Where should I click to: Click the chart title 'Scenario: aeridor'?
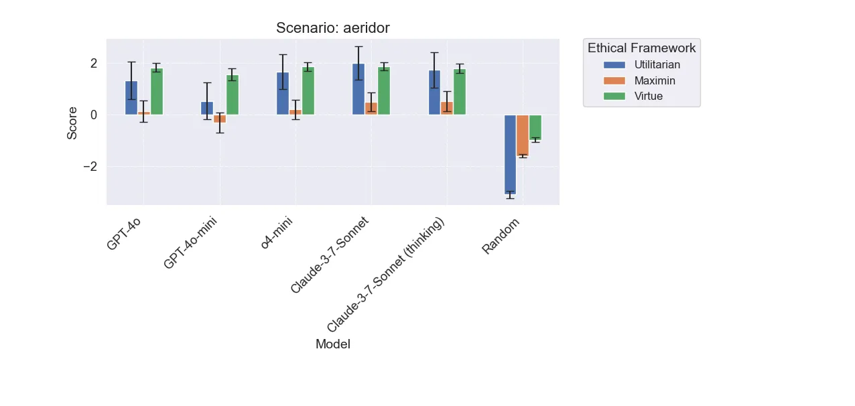click(332, 28)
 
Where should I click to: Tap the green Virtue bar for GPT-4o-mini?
click(232, 95)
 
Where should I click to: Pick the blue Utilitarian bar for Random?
click(510, 154)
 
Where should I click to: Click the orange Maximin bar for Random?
click(523, 135)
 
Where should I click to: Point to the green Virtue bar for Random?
click(535, 127)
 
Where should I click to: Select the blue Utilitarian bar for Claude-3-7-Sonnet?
click(358, 89)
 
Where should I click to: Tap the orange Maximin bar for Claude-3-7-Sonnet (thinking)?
click(447, 109)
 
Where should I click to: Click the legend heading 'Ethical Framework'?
click(641, 48)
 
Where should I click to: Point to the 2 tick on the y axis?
click(94, 63)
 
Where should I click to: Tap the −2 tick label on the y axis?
click(90, 166)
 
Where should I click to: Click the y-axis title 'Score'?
click(72, 123)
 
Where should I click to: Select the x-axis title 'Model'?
click(332, 344)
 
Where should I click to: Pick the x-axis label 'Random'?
click(501, 236)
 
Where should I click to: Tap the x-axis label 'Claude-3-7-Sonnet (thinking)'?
click(386, 275)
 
